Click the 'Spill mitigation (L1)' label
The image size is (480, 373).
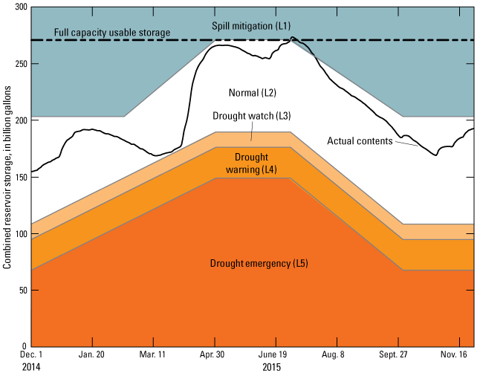click(x=252, y=25)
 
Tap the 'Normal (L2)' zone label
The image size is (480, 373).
click(x=252, y=92)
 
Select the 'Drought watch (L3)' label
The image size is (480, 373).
click(x=251, y=116)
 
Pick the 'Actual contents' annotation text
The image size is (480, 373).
click(x=360, y=140)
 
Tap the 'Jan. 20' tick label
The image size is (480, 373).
click(x=91, y=356)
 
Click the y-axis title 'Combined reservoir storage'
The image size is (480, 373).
click(x=7, y=177)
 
